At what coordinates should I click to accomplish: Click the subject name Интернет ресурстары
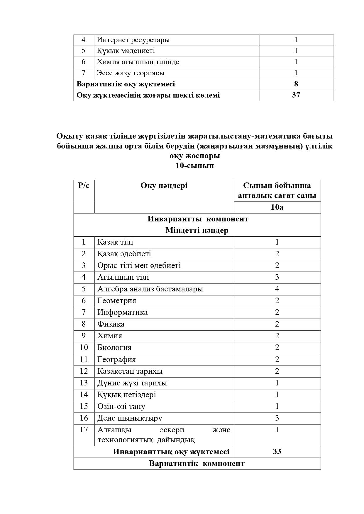133,40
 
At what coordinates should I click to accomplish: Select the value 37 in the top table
296,95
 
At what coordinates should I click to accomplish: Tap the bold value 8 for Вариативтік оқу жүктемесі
296,84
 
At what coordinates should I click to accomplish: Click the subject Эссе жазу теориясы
131,73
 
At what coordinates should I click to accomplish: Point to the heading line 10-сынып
194,165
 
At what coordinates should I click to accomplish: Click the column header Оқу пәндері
164,186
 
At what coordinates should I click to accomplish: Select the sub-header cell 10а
277,207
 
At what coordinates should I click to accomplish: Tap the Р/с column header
84,186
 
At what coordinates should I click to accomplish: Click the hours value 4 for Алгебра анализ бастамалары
277,289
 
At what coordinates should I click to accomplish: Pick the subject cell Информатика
123,313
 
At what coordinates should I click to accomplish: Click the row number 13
84,383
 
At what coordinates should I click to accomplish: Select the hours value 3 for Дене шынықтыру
277,418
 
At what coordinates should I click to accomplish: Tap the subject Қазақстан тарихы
130,371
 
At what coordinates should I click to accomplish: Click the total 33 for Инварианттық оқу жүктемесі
277,452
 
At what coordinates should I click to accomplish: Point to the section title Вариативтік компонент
197,464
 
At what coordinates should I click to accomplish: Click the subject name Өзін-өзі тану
121,407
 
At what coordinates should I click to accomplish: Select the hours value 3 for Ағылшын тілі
277,277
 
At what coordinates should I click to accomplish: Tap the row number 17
84,430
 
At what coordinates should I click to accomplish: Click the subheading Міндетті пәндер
197,230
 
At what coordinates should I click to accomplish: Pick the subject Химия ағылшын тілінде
138,62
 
